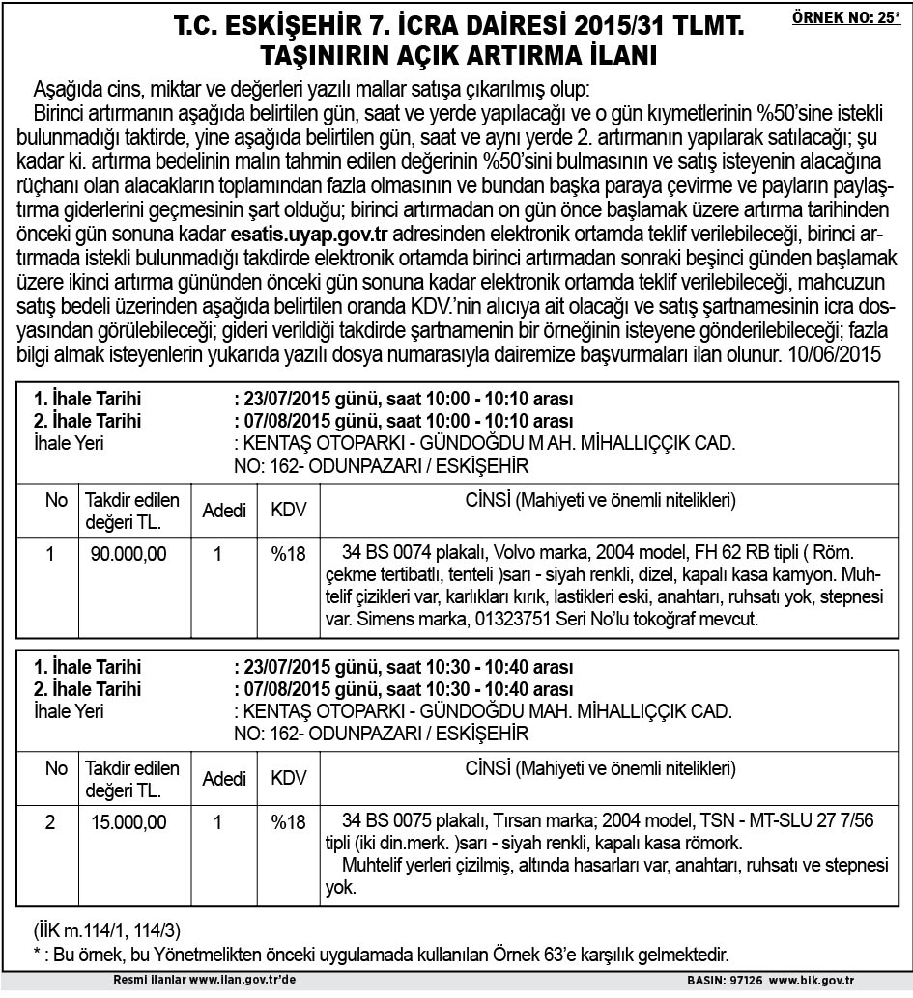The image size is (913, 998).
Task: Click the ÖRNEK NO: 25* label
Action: [845, 17]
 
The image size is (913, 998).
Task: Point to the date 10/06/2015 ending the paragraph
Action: [836, 354]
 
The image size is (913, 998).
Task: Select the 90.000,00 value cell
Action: [128, 554]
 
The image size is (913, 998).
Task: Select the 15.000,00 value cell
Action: [128, 822]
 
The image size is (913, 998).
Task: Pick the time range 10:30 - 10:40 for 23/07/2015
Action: [480, 668]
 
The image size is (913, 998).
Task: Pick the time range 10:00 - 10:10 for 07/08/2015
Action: [480, 421]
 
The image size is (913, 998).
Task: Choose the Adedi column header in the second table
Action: [224, 779]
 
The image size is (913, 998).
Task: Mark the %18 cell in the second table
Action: [288, 822]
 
